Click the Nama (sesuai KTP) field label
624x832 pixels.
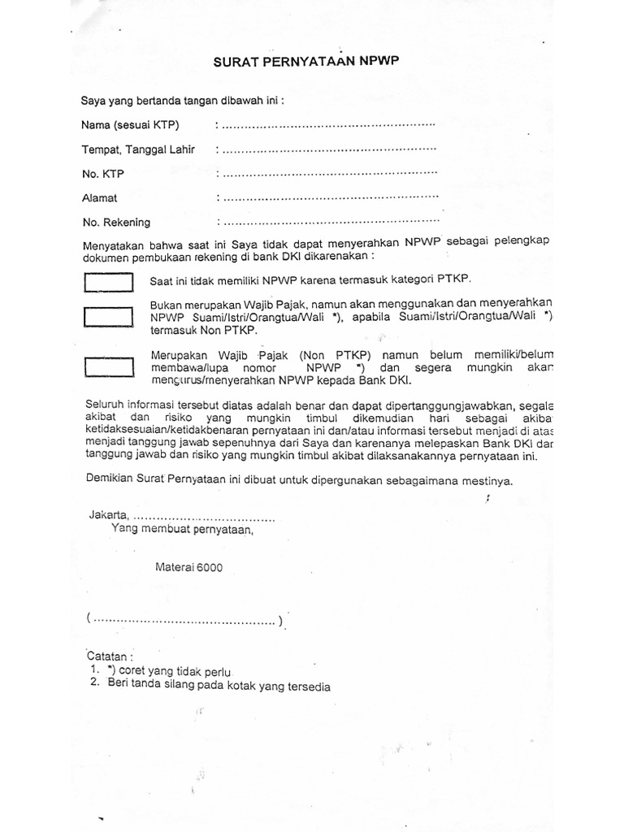130,125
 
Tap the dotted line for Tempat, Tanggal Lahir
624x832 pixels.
328,150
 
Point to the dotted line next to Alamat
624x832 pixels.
328,197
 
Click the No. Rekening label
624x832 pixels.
116,222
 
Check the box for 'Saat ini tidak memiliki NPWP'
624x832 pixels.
108,282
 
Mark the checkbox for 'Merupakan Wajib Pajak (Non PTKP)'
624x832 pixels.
108,367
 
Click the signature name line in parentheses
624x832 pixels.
184,622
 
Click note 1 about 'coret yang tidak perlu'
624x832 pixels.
162,671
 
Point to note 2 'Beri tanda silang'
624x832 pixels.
211,687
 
